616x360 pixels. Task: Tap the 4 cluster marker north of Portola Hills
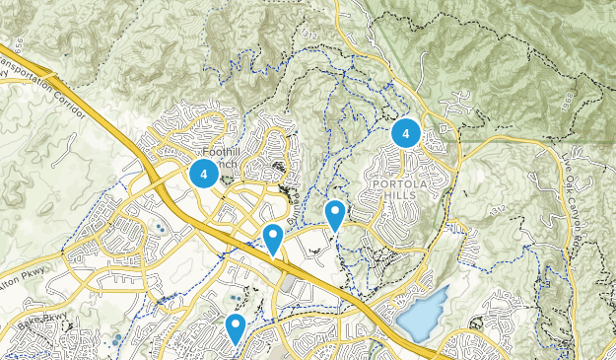click(405, 132)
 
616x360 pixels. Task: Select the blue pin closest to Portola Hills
click(335, 213)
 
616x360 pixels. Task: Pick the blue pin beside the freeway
click(273, 237)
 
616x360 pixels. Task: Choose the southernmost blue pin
click(235, 326)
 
